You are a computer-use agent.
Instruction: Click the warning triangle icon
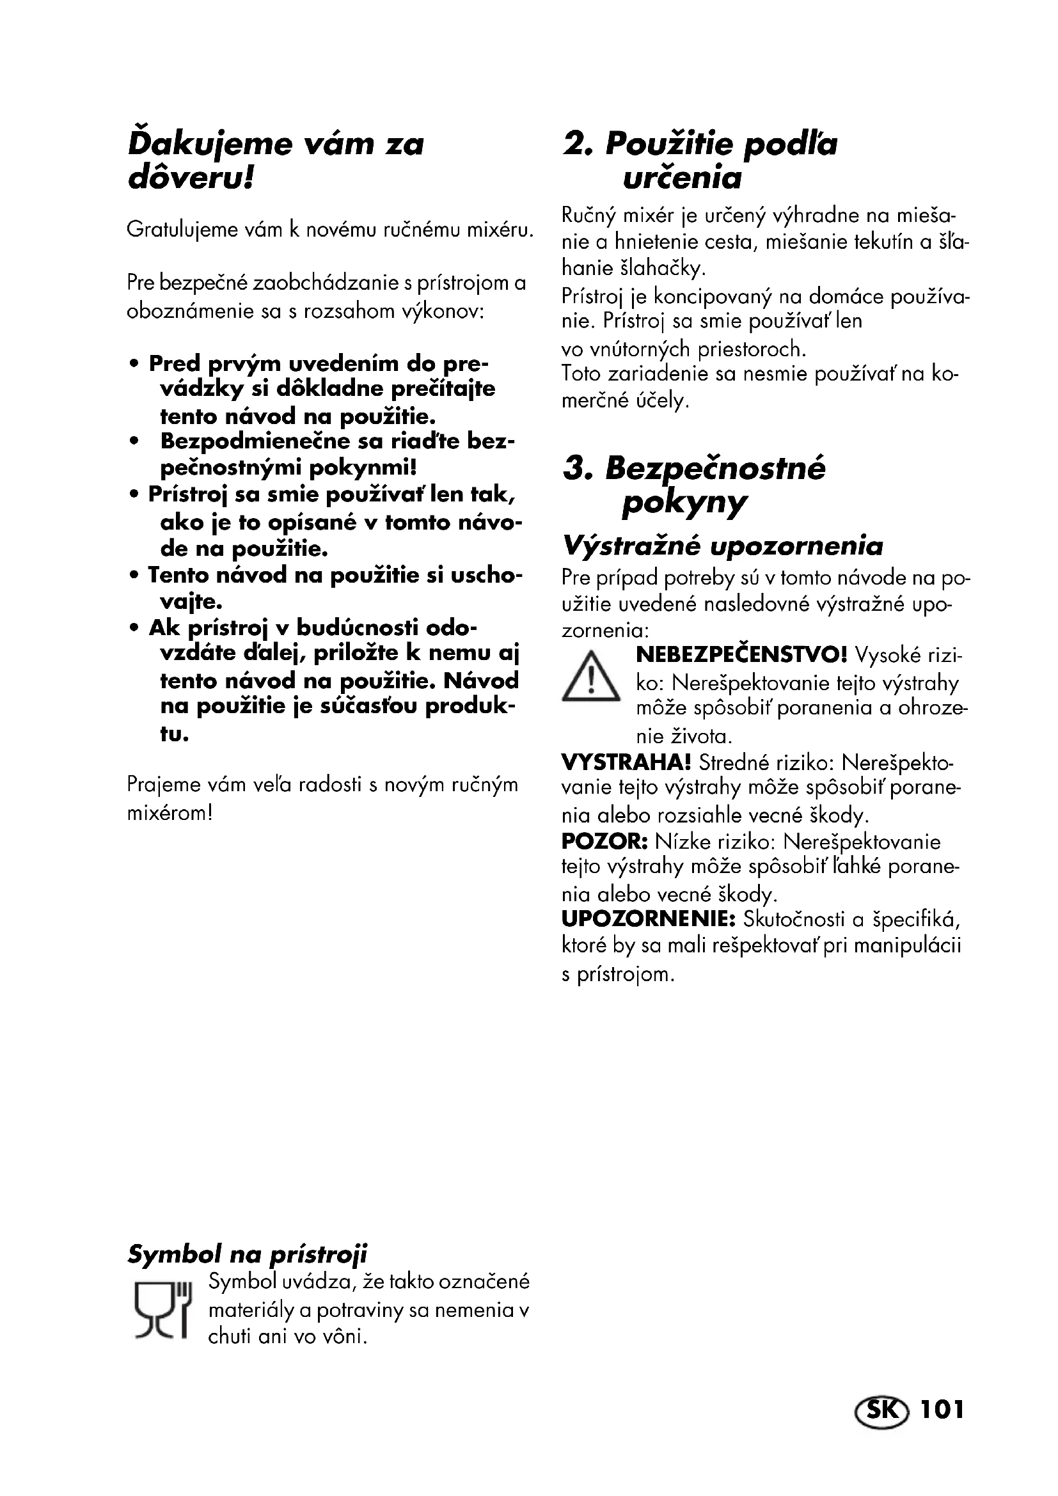590,677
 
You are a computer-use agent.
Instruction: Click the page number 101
942,1410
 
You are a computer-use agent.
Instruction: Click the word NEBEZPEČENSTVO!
742,654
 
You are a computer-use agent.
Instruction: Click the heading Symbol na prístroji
248,1253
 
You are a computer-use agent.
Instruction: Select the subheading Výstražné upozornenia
722,546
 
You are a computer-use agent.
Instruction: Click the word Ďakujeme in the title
210,144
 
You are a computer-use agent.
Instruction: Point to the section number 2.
578,144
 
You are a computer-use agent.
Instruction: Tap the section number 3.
578,468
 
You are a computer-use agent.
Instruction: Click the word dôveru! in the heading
190,178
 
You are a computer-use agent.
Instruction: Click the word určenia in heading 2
682,178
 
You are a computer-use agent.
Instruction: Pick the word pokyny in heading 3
683,503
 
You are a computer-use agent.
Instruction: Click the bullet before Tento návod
134,576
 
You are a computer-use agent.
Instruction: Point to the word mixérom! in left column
170,813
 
